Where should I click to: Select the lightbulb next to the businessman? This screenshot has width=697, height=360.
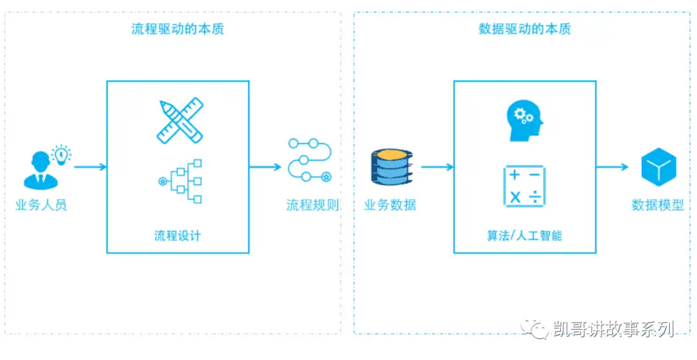coord(61,154)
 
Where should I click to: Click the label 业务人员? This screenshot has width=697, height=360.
coord(41,205)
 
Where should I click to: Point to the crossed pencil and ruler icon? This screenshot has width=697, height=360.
coord(179,121)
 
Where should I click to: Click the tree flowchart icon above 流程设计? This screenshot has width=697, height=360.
coord(180,181)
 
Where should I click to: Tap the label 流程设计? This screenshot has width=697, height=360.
coord(177,235)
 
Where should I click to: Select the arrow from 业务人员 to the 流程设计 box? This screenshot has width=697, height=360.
coord(90,167)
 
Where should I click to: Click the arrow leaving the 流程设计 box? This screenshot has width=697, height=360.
coord(265,167)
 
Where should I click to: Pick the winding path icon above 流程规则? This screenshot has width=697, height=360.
coord(310,159)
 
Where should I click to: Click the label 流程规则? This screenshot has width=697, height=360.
coord(312,205)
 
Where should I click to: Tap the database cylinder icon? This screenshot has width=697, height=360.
coord(391,167)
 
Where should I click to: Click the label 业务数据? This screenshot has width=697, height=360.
coord(390,205)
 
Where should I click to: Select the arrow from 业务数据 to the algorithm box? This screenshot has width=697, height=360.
coord(437,167)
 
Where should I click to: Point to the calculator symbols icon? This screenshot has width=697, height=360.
coord(524,186)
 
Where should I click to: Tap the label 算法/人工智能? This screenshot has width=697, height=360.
coord(524,235)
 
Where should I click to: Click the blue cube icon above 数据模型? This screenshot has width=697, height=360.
coord(658,167)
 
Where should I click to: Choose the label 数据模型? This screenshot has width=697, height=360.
coord(658,205)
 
